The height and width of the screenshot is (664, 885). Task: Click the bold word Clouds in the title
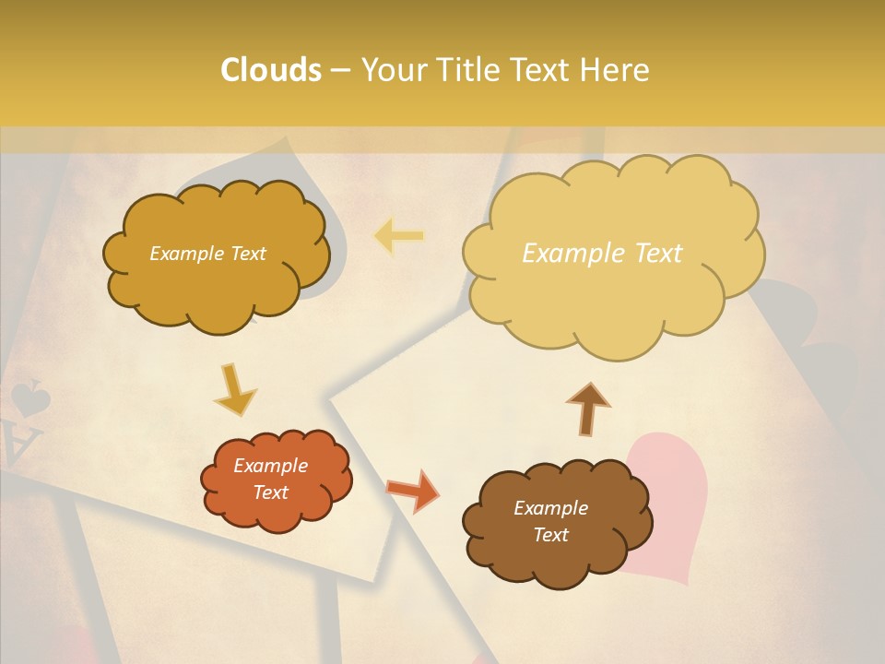[271, 70]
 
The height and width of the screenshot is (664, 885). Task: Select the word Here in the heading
[616, 70]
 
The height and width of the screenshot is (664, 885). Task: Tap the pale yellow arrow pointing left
[398, 237]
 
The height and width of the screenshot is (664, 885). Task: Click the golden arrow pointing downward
[235, 388]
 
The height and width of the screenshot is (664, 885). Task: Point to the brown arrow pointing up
[588, 409]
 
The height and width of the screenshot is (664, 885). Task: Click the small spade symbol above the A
[29, 398]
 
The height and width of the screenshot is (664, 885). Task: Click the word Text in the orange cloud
[271, 492]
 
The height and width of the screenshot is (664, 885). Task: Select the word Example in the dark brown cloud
[550, 508]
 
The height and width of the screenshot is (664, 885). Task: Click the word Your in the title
[395, 70]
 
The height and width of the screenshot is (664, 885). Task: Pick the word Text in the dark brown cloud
[550, 535]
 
